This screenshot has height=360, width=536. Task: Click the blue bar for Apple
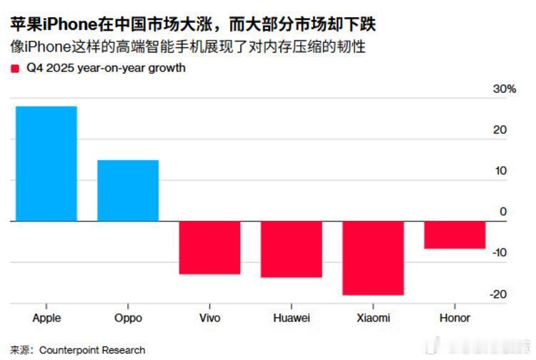(x=46, y=164)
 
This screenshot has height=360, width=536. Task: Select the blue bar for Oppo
(x=128, y=191)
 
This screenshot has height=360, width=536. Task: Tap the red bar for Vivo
(x=209, y=248)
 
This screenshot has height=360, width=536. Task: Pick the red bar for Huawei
(x=292, y=249)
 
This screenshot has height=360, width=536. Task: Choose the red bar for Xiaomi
(x=373, y=258)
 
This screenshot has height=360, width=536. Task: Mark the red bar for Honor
(x=455, y=235)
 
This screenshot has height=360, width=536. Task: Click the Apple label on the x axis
(x=46, y=318)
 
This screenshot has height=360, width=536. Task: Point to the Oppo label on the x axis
(x=128, y=318)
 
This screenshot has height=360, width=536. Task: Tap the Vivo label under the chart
(x=209, y=318)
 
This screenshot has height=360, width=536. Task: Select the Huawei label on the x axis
(x=292, y=318)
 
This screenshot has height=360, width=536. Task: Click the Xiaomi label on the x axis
(x=373, y=318)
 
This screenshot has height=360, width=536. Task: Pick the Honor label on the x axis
(x=455, y=318)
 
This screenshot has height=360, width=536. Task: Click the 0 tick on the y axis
(x=503, y=211)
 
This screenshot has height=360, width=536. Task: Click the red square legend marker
(x=15, y=69)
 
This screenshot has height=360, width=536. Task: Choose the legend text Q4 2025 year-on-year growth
(x=106, y=69)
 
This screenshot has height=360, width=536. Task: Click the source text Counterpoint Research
(x=92, y=350)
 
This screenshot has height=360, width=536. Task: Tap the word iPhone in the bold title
(x=65, y=25)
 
